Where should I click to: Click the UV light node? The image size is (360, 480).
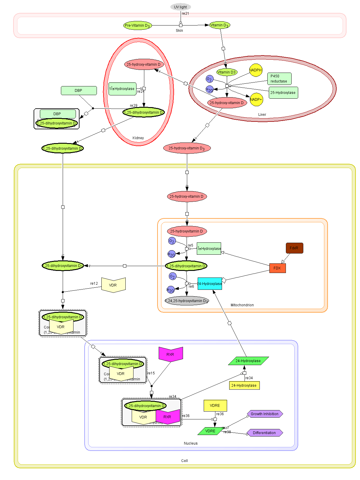180,7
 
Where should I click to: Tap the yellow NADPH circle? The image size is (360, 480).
256,70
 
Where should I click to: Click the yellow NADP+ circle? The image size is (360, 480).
256,100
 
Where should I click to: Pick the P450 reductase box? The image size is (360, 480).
279,79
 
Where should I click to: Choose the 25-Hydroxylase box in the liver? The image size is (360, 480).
283,93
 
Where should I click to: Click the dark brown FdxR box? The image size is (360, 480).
294,248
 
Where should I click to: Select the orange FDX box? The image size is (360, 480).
277,268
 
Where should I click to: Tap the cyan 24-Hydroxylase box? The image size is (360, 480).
210,284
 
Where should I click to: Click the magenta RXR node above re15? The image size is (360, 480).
170,354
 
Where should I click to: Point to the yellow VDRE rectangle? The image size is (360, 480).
215,406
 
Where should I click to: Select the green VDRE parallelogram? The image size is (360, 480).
210,431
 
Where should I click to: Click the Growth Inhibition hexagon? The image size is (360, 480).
265,414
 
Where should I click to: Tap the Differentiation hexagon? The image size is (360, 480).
265,433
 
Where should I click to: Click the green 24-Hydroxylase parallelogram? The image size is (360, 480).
248,361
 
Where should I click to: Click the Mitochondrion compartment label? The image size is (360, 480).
242,305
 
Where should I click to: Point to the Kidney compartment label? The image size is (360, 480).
138,138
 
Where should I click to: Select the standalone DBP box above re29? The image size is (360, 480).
79,91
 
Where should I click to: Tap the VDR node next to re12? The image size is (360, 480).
113,285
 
